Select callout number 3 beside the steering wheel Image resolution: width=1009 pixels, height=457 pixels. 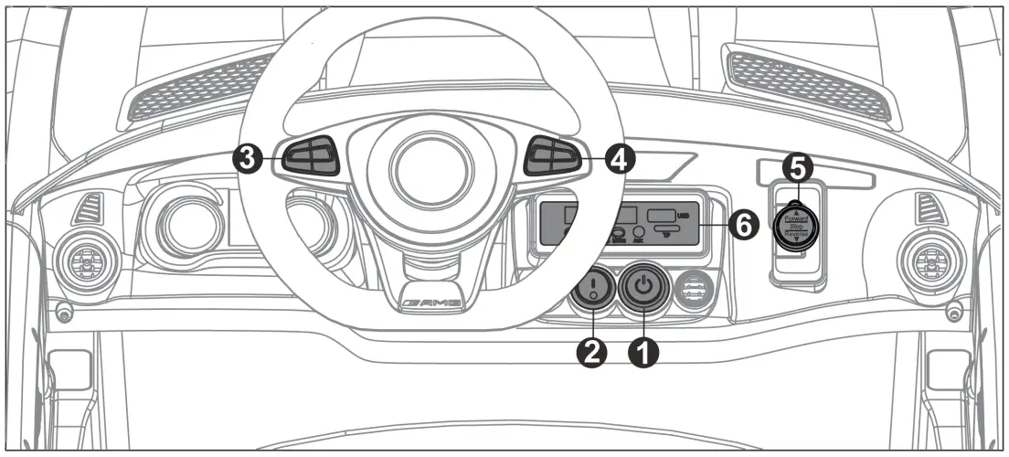[245, 158]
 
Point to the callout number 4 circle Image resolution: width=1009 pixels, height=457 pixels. [619, 159]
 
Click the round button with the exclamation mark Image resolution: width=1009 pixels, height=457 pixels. [593, 290]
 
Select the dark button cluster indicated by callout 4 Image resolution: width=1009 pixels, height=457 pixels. [552, 156]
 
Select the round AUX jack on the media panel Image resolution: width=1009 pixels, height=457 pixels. [639, 232]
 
